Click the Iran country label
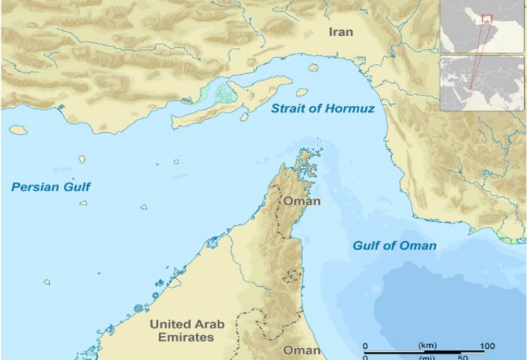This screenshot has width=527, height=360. click(x=341, y=32)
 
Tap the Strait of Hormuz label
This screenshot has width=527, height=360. click(x=323, y=109)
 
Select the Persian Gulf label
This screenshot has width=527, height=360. click(x=51, y=187)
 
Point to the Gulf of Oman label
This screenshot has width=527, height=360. click(x=393, y=245)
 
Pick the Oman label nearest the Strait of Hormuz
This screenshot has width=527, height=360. click(x=301, y=201)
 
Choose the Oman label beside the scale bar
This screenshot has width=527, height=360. click(x=301, y=349)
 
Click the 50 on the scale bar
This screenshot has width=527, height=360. click(x=464, y=357)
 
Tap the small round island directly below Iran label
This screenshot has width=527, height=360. click(x=313, y=67)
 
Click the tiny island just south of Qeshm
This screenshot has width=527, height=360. click(x=244, y=117)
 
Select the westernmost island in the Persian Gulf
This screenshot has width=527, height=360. click(x=18, y=130)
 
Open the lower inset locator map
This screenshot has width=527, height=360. click(x=483, y=83)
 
